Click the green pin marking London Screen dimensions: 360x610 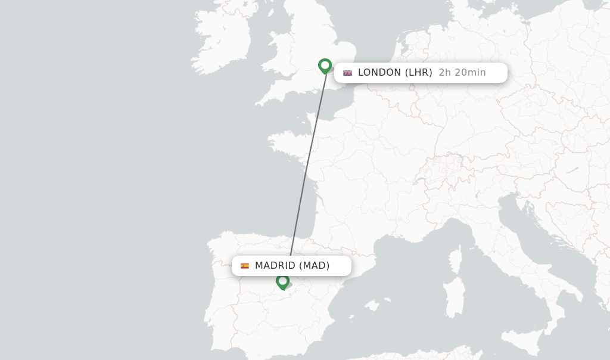tap(325, 65)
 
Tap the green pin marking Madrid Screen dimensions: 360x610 tap(283, 281)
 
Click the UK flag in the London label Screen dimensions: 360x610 tap(347, 73)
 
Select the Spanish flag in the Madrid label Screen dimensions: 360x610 tap(245, 266)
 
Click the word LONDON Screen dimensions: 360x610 tap(379, 73)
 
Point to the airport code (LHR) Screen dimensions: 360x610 tap(419, 73)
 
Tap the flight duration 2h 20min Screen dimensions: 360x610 tap(462, 73)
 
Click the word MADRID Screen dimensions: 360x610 tap(275, 266)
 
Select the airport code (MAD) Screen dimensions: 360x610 tap(315, 266)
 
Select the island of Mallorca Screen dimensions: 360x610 tap(372, 306)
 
